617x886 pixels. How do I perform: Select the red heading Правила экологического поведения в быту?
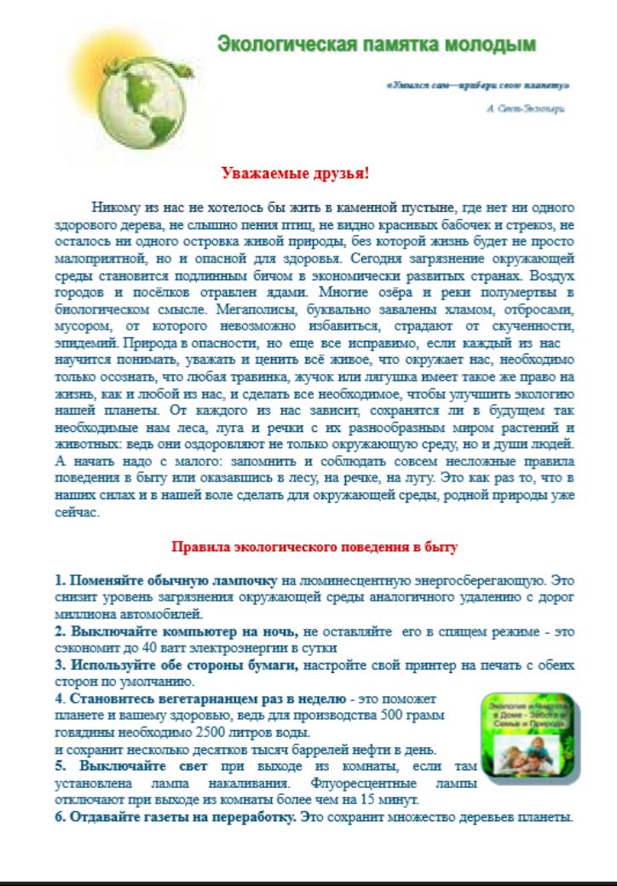(x=316, y=546)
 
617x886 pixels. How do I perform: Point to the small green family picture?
(x=529, y=734)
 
